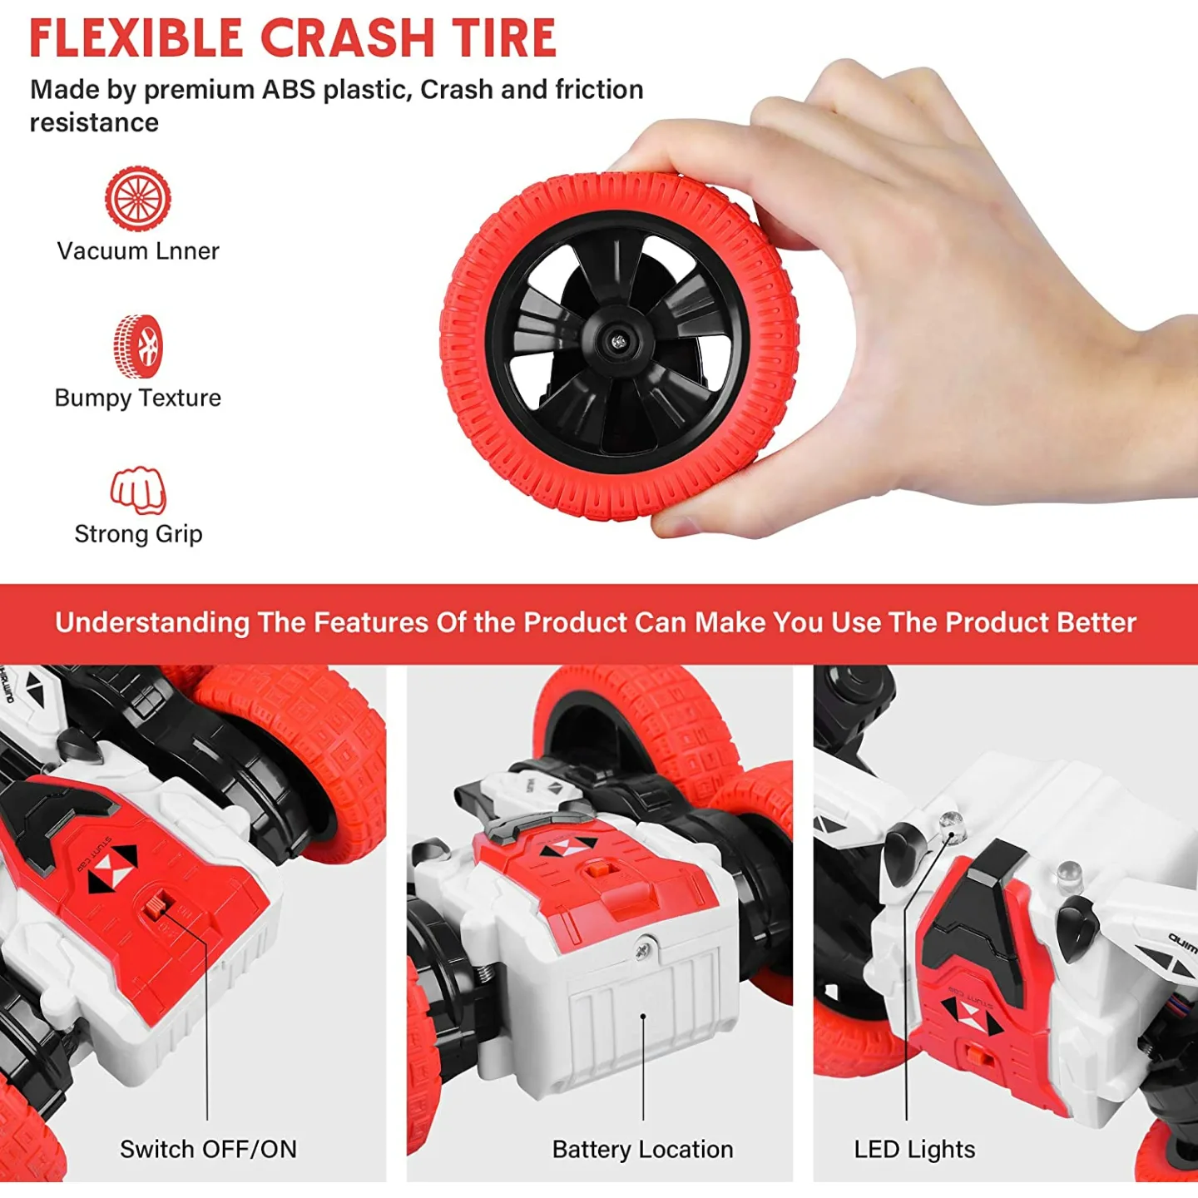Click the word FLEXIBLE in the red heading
pos(136,38)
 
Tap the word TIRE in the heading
pos(501,38)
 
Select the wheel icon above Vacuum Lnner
pos(137,198)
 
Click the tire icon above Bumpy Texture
pos(137,345)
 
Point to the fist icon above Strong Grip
pos(138,491)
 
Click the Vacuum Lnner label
pos(138,251)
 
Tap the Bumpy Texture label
pos(138,398)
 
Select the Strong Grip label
pos(138,534)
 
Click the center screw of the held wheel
pos(619,341)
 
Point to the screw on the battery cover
pos(643,948)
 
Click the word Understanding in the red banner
pos(152,623)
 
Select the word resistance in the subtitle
pos(95,122)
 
